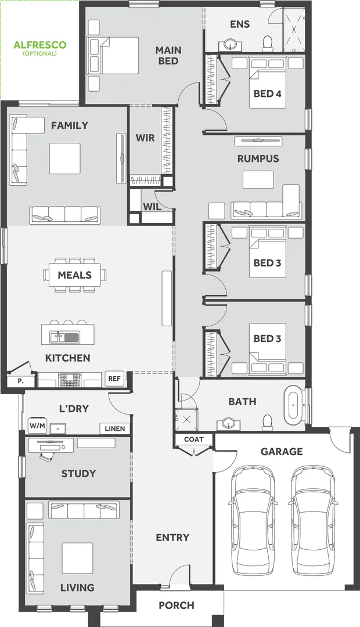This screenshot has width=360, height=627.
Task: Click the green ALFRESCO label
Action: pyautogui.click(x=39, y=45)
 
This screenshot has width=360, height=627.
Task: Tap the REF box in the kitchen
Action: pyautogui.click(x=114, y=379)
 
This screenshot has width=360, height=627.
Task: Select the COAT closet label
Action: pyautogui.click(x=193, y=439)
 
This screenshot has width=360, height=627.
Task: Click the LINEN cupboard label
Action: pyautogui.click(x=114, y=429)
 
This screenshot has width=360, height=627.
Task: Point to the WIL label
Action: pyautogui.click(x=152, y=206)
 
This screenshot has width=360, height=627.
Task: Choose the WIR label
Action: pyautogui.click(x=145, y=138)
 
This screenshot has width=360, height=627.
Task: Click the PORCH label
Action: pyautogui.click(x=177, y=606)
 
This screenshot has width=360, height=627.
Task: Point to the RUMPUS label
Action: pyautogui.click(x=258, y=158)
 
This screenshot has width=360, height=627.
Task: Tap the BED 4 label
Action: pyautogui.click(x=267, y=93)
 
